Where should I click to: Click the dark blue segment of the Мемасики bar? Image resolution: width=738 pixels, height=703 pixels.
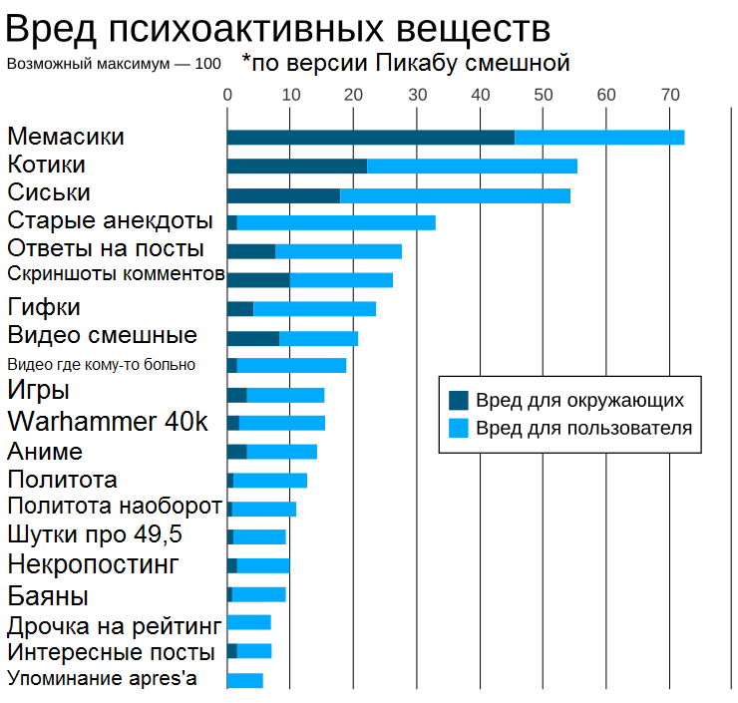tap(370, 137)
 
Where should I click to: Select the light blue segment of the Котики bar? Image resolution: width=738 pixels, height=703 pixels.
tap(472, 166)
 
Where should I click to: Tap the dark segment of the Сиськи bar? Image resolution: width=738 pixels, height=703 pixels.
tap(283, 194)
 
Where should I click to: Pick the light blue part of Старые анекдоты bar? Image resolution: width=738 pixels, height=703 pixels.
tap(336, 222)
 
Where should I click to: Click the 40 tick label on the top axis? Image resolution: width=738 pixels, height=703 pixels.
tap(480, 95)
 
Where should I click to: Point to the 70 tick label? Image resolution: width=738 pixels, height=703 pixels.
tap(670, 95)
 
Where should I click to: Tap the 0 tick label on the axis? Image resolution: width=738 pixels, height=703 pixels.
tap(227, 95)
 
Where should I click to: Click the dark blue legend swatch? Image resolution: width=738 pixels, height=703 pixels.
tap(459, 400)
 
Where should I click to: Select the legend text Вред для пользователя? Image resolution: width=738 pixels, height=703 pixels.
tap(583, 429)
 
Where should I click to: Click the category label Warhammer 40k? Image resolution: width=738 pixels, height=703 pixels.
tap(108, 422)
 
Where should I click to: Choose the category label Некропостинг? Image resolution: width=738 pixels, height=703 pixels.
tap(93, 565)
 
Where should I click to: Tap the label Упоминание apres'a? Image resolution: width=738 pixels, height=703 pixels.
tap(103, 679)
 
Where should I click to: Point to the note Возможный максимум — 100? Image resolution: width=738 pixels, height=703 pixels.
tap(115, 64)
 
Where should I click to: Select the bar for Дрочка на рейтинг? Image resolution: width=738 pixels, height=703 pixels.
tap(249, 622)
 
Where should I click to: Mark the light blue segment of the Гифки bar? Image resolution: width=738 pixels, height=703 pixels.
tap(314, 308)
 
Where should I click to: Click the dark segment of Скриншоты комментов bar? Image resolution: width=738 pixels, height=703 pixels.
tap(257, 279)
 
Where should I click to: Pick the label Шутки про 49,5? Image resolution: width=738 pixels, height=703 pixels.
tap(95, 534)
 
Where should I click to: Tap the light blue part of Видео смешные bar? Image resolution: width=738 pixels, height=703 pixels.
tap(318, 337)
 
